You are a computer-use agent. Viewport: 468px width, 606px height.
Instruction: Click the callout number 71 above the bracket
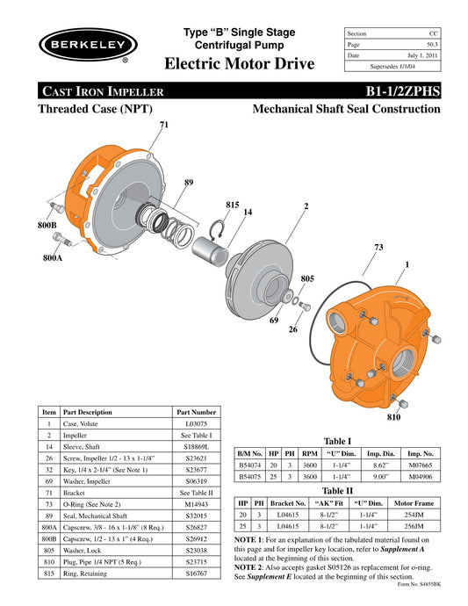click(x=163, y=126)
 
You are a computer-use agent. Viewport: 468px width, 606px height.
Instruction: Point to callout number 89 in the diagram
click(x=188, y=183)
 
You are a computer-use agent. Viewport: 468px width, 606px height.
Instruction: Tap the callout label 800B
click(x=48, y=226)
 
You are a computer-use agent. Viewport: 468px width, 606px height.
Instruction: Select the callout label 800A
click(x=54, y=259)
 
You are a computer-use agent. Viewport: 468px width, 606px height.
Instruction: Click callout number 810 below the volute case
click(x=393, y=417)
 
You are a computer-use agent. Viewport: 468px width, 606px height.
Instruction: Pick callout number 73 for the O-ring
click(x=378, y=249)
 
